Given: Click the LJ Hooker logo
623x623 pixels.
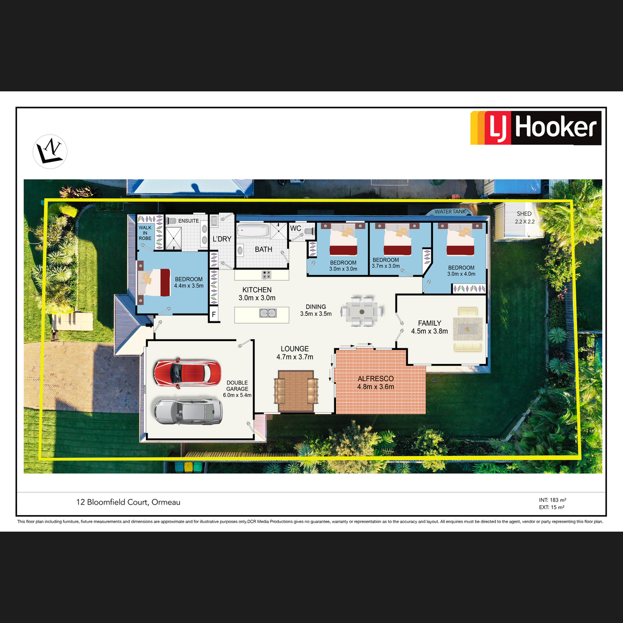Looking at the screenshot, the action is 536,127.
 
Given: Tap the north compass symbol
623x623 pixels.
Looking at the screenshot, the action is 50,151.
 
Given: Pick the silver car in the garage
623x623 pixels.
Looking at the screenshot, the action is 188,412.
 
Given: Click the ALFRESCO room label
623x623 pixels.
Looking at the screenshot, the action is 375,378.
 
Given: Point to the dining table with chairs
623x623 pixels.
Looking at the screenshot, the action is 361,311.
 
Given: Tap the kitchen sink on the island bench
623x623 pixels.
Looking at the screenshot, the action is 268,313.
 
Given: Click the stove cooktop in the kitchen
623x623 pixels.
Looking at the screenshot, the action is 266,275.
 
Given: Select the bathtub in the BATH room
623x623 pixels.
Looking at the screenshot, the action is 253,231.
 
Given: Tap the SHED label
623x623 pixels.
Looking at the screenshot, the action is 524,214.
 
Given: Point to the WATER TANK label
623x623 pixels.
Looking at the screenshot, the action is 450,211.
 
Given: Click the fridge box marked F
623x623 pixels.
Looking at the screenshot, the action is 214,314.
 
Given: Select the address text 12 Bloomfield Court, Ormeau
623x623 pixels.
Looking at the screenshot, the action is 128,502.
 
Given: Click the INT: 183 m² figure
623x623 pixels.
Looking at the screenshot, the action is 552,500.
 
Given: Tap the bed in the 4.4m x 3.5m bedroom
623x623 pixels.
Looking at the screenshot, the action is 154,282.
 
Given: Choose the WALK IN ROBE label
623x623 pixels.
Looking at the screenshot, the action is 145,233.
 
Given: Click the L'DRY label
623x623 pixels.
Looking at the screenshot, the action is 222,239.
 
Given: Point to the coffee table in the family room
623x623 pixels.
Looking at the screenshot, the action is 467,329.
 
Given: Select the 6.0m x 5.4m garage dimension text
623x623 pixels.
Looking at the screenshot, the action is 237,395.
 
